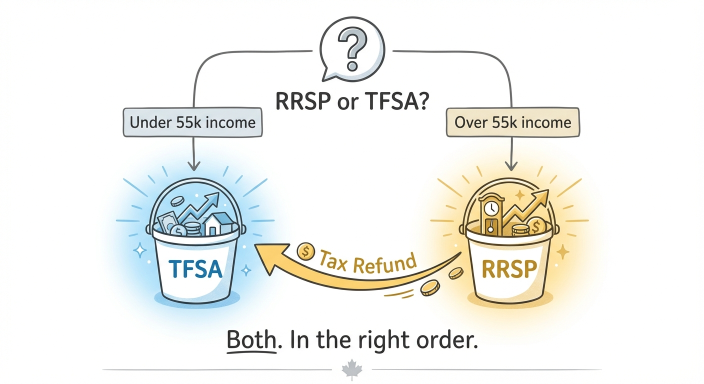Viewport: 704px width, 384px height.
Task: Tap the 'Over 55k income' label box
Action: click(512, 122)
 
